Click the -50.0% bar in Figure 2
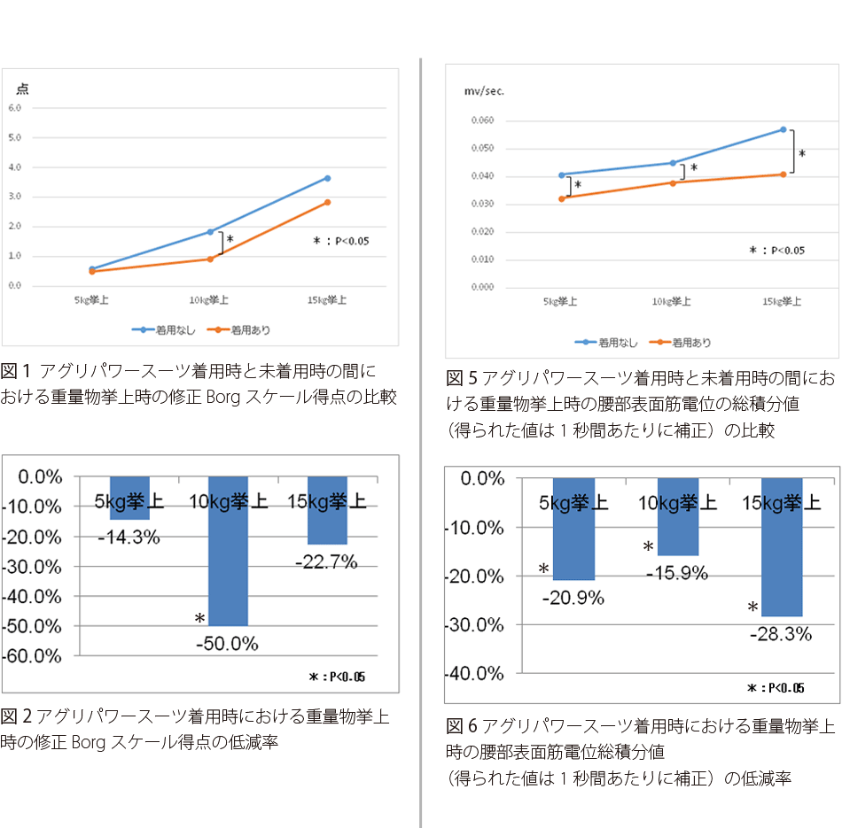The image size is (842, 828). pyautogui.click(x=228, y=549)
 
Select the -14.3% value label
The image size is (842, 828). pyautogui.click(x=129, y=536)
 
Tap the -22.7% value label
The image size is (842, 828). pyautogui.click(x=326, y=561)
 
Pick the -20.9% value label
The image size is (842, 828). pyautogui.click(x=573, y=598)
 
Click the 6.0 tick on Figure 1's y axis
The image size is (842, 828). pyautogui.click(x=15, y=107)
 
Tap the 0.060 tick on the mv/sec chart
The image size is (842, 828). pyautogui.click(x=482, y=120)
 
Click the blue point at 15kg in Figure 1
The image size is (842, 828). pyautogui.click(x=327, y=178)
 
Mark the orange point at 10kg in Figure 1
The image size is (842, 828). pyautogui.click(x=210, y=259)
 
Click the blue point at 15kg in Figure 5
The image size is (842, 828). pyautogui.click(x=784, y=129)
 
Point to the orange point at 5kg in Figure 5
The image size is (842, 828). pyautogui.click(x=561, y=197)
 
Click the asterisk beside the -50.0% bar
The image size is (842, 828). pyautogui.click(x=200, y=618)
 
